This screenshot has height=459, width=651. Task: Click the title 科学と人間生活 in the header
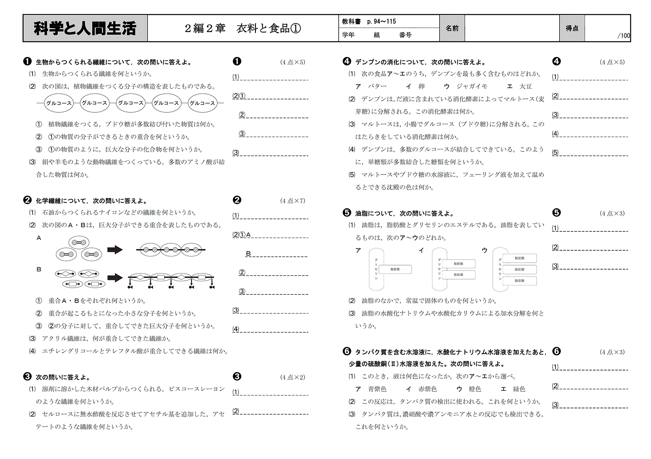coord(85,28)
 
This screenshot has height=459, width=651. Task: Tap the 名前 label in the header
coord(452,28)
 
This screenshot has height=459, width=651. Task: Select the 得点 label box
coord(571,28)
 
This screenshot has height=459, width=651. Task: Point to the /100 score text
coord(624,36)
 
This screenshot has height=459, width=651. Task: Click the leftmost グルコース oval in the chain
coord(59,103)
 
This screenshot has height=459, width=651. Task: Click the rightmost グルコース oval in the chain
coord(202,103)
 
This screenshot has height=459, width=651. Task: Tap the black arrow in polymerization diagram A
coord(115,250)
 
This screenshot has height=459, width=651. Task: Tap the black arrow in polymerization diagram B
coord(115,278)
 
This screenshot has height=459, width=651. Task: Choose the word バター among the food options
coord(377,86)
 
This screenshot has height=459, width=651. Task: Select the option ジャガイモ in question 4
coord(472,86)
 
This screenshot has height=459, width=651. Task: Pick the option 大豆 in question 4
coord(525,86)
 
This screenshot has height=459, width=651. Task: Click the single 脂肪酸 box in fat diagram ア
coord(395,269)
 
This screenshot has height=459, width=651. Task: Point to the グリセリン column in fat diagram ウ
coord(500,269)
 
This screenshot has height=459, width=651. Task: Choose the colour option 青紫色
coord(377,389)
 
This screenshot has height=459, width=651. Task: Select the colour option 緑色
coord(519,389)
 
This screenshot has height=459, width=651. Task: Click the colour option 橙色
coord(475,389)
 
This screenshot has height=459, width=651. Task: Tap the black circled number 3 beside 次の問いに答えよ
coord(28,377)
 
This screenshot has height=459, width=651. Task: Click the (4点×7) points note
coord(293,201)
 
